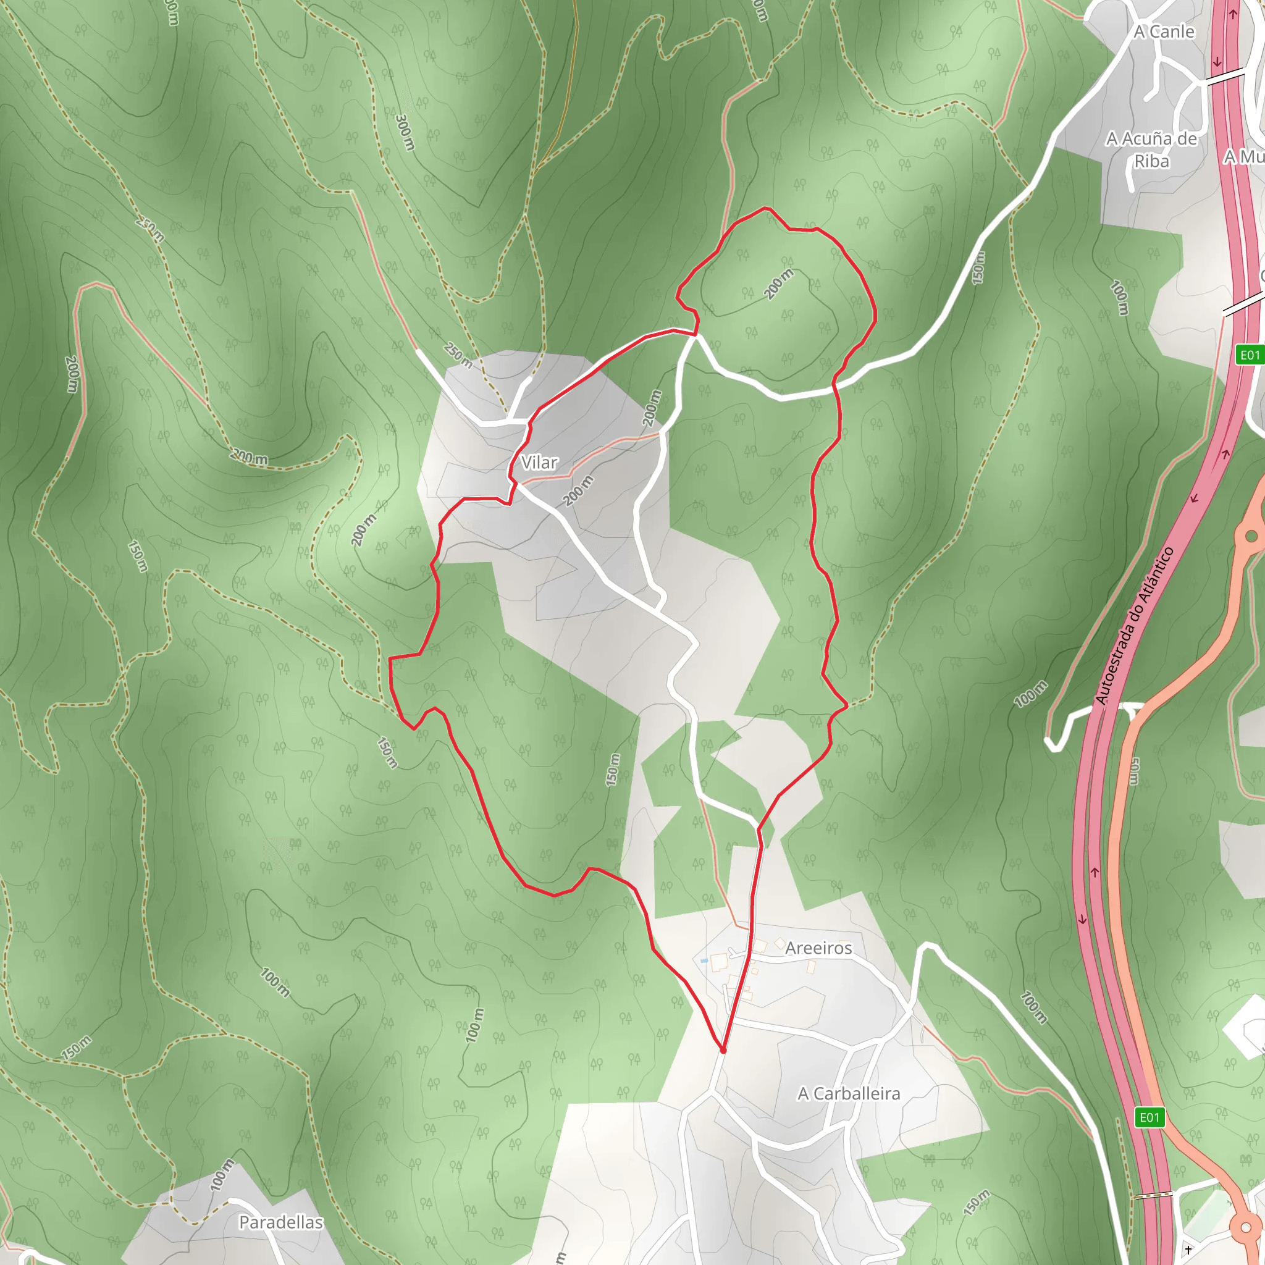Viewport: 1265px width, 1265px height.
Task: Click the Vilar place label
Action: pyautogui.click(x=539, y=463)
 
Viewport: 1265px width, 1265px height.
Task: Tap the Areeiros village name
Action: pyautogui.click(x=818, y=948)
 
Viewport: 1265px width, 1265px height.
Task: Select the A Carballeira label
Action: pyautogui.click(x=849, y=1094)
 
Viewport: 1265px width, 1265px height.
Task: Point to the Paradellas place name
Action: pyautogui.click(x=281, y=1222)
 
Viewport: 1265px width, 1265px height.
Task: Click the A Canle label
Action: pyautogui.click(x=1164, y=32)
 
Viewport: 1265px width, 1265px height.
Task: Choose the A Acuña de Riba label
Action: pyautogui.click(x=1152, y=149)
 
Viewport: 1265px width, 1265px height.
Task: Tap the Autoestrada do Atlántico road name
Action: pyautogui.click(x=1133, y=625)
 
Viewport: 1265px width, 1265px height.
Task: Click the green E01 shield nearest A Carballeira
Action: pyautogui.click(x=1149, y=1117)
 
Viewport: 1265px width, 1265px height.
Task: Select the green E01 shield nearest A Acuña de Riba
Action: pyautogui.click(x=1250, y=355)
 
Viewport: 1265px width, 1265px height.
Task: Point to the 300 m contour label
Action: pyautogui.click(x=405, y=132)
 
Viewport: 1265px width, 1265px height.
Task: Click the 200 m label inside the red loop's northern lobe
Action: pyautogui.click(x=778, y=284)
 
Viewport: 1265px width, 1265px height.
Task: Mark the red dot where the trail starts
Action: pyautogui.click(x=723, y=1051)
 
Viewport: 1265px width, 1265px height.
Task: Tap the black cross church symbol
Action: pyautogui.click(x=1188, y=1250)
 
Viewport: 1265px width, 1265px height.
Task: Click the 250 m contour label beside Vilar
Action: pyautogui.click(x=458, y=356)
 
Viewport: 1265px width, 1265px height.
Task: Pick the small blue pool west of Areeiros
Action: pyautogui.click(x=704, y=960)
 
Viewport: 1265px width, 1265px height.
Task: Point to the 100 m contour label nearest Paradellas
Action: pyautogui.click(x=222, y=1175)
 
